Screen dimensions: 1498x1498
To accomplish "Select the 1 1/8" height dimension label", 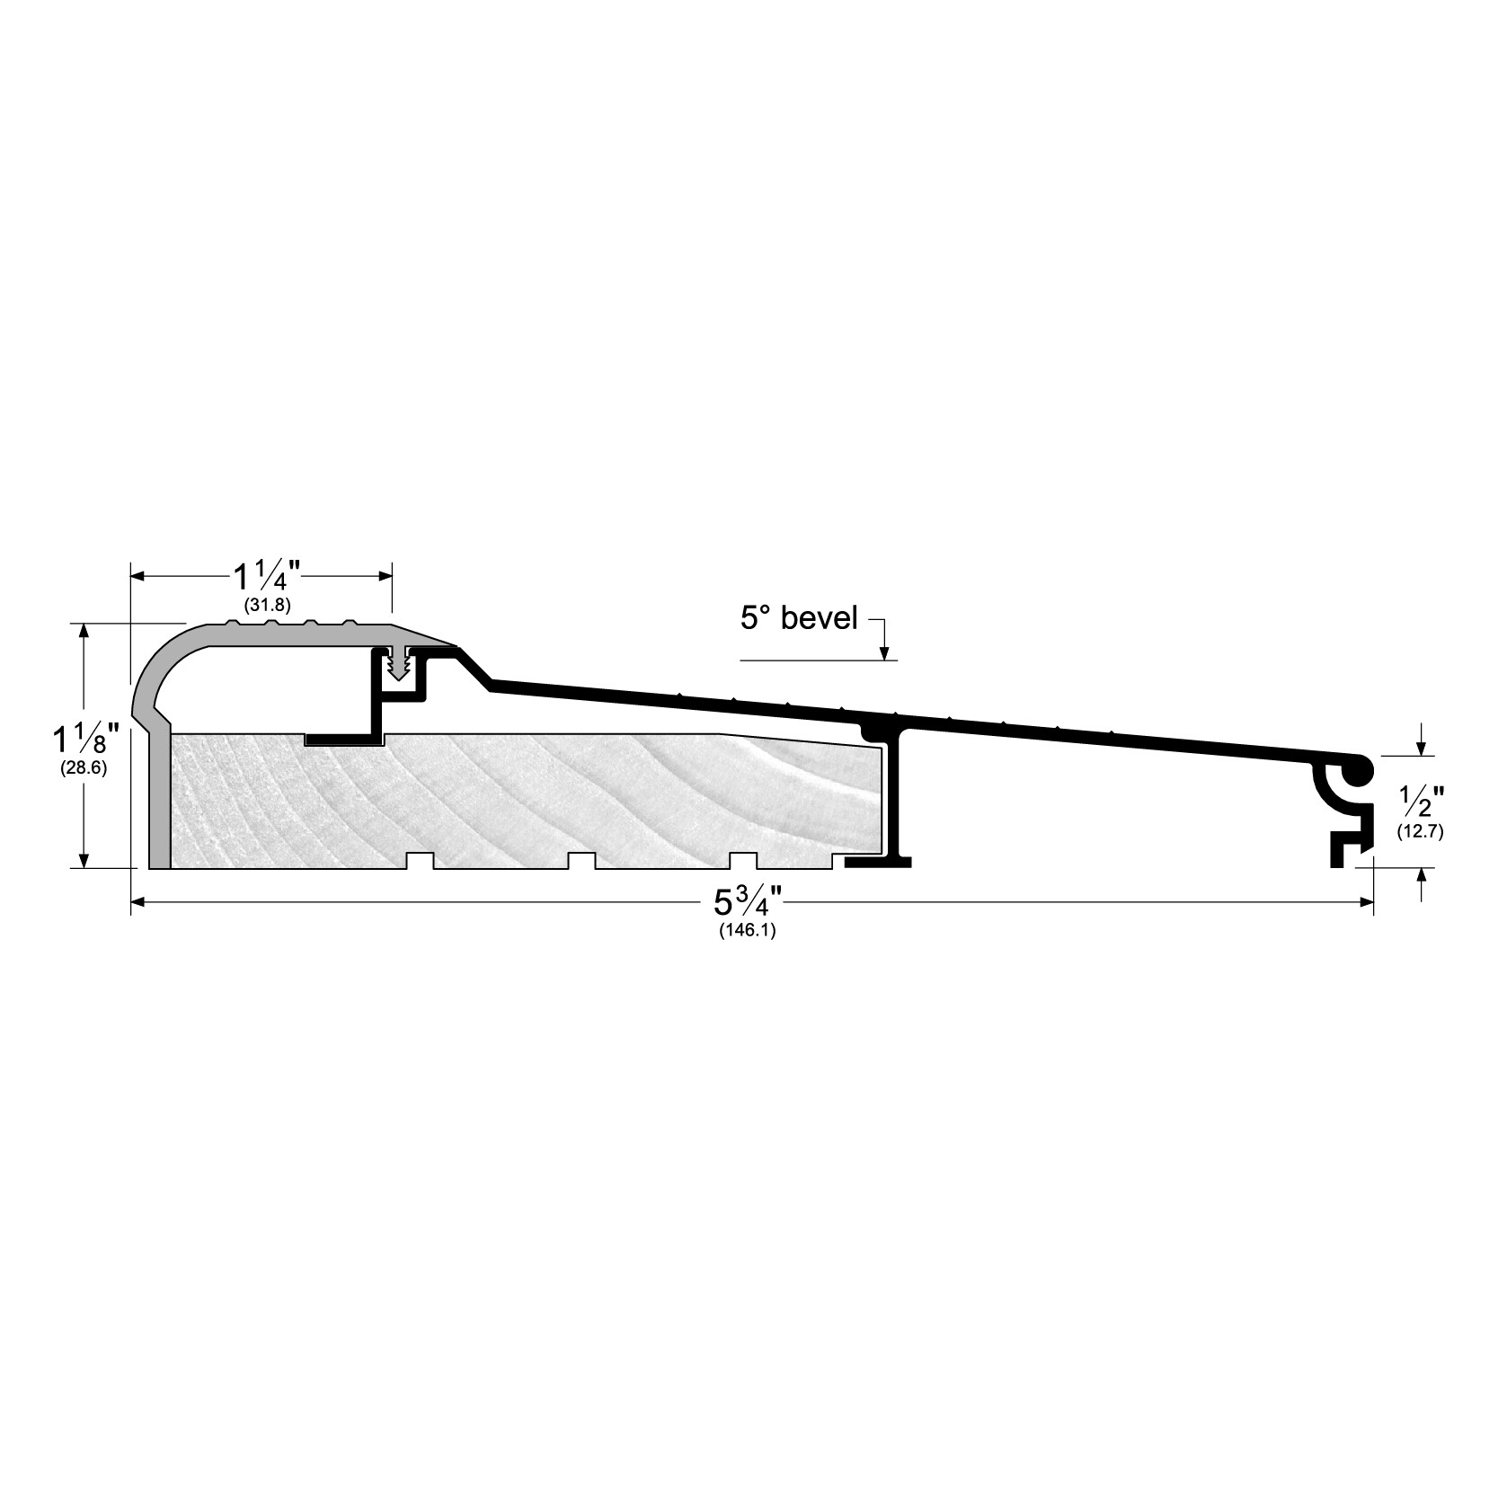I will click(x=85, y=740).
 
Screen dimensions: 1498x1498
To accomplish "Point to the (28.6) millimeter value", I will click(x=85, y=768).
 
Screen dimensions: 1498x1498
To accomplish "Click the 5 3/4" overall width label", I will click(x=746, y=900).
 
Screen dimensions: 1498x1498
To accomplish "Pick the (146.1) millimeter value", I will click(x=747, y=931).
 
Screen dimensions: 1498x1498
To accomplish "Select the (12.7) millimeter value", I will click(x=1420, y=831).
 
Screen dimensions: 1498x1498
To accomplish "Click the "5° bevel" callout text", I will click(x=799, y=618).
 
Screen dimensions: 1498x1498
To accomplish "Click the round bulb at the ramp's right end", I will click(x=1357, y=770).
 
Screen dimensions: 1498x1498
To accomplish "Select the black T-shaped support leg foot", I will click(x=878, y=862).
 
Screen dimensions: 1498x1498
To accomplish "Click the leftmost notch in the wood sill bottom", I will click(x=420, y=860).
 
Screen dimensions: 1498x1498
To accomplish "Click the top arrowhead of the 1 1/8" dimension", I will click(x=85, y=630).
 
